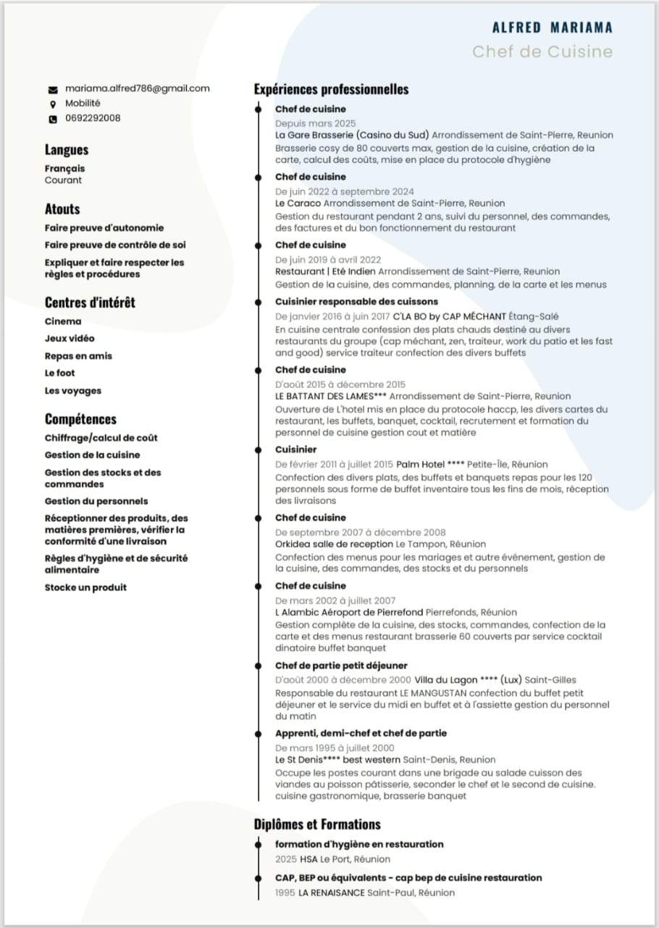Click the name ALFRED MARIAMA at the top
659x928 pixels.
[552, 28]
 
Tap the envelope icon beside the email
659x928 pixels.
[53, 89]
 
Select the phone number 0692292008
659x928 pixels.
[93, 118]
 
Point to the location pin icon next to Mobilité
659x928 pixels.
[53, 104]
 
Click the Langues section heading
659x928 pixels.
[67, 150]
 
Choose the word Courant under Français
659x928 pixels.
[64, 181]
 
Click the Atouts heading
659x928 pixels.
[62, 209]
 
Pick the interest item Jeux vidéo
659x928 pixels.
[70, 339]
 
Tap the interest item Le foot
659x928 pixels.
[60, 373]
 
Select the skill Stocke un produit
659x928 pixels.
[85, 587]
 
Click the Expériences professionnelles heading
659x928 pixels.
[331, 89]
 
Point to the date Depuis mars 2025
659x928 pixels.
[315, 123]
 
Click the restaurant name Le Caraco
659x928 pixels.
[298, 204]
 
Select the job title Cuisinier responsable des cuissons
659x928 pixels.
[356, 302]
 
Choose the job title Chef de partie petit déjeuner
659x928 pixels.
[341, 666]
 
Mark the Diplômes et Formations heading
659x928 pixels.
[317, 824]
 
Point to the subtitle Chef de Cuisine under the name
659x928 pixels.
[542, 51]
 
